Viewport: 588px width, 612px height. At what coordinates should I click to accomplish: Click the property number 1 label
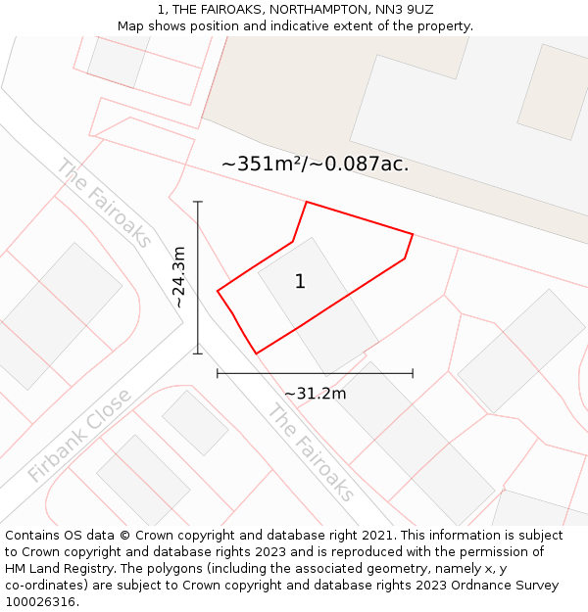[x=300, y=282]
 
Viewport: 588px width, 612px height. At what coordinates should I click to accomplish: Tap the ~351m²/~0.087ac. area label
[x=315, y=165]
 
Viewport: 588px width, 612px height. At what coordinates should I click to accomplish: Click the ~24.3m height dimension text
[x=179, y=277]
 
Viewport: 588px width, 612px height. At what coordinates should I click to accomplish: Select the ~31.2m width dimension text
[x=315, y=394]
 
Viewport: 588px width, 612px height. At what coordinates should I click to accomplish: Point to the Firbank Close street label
[x=79, y=436]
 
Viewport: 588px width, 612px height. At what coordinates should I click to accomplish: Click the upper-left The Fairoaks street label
[x=104, y=203]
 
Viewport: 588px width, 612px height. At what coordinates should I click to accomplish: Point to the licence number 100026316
[x=42, y=601]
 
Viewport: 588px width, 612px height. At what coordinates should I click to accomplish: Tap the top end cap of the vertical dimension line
[x=198, y=203]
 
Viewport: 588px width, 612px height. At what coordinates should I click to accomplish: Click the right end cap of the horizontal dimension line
[x=413, y=373]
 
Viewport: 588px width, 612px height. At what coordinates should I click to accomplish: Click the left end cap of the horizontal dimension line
[x=218, y=373]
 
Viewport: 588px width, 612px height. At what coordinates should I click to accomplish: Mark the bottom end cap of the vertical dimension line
[x=198, y=353]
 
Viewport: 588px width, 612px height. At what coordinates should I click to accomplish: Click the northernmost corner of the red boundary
[x=307, y=202]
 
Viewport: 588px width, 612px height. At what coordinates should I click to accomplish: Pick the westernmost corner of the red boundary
[x=218, y=290]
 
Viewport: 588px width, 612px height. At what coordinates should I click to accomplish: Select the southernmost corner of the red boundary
[x=256, y=353]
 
